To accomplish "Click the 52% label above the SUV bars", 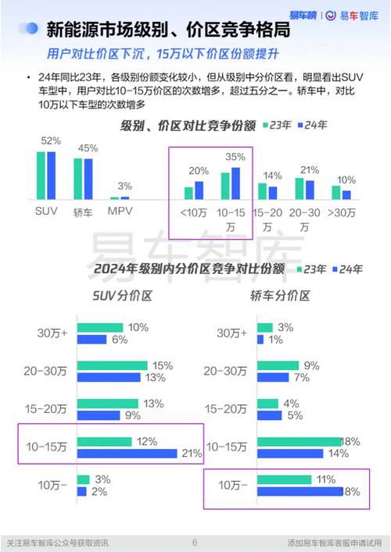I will (51, 141).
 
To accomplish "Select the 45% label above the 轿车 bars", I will (88, 148).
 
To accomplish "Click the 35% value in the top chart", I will (234, 156).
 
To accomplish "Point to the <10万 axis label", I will (193, 212).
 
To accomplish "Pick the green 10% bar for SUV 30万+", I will (100, 328).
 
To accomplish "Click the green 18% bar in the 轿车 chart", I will (300, 442).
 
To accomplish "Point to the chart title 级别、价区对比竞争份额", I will (188, 126).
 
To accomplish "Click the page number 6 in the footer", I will (195, 542).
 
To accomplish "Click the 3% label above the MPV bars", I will (124, 187).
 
